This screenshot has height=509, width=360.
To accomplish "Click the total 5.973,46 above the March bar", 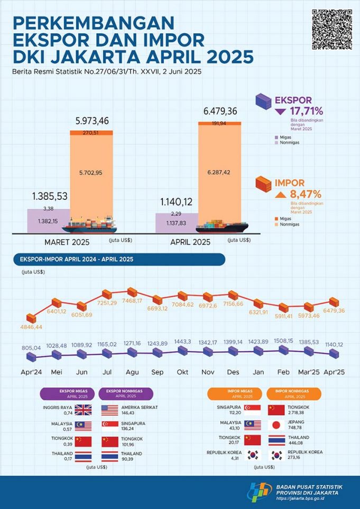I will pos(90,121).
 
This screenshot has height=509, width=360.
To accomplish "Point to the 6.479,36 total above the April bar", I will pos(219,111).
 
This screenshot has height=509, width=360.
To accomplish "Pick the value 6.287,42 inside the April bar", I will pos(219,172).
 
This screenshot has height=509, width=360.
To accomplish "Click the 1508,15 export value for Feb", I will pos(284,340).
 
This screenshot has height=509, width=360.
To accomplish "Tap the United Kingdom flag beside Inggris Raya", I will pos(83,410).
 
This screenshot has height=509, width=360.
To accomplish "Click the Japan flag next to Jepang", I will pos(276,425).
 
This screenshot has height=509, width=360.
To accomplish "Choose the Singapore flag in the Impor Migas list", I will pos(251,410).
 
